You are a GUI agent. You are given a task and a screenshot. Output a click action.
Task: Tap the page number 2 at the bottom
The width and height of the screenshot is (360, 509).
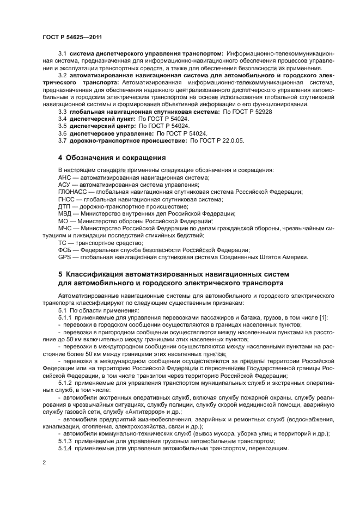click(x=43, y=462)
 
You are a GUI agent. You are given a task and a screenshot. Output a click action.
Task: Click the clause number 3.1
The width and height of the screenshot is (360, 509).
click(x=62, y=54)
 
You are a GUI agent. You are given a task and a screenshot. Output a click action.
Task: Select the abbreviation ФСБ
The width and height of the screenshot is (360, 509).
click(x=65, y=249)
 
